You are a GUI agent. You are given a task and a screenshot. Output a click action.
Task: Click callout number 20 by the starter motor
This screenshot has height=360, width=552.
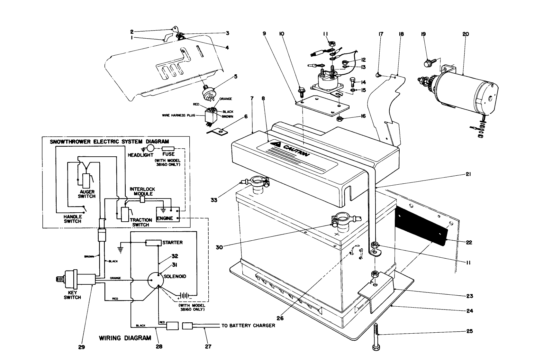click(466, 34)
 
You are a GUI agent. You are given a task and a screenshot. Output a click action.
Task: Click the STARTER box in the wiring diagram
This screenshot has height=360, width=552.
click(153, 243)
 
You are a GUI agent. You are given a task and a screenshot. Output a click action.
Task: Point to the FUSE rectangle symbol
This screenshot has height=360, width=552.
click(168, 149)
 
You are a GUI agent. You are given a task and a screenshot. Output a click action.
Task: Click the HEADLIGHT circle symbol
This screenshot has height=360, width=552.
click(150, 148)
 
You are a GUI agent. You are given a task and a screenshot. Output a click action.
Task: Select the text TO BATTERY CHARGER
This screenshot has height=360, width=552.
click(248, 326)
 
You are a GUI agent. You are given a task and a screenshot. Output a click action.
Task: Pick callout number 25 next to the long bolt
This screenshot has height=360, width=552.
click(469, 331)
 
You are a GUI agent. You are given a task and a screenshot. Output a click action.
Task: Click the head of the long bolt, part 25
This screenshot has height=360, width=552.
click(376, 348)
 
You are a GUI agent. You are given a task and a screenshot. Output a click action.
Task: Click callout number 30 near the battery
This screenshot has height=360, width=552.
click(219, 247)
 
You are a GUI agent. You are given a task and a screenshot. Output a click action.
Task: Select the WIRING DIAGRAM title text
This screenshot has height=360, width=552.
click(125, 338)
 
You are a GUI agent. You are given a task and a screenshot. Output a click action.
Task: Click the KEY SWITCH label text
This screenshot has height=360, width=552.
click(72, 295)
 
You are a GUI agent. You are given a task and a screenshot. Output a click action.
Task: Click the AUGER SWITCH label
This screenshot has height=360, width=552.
click(87, 194)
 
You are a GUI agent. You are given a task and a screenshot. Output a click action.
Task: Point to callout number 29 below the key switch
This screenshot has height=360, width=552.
click(81, 347)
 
